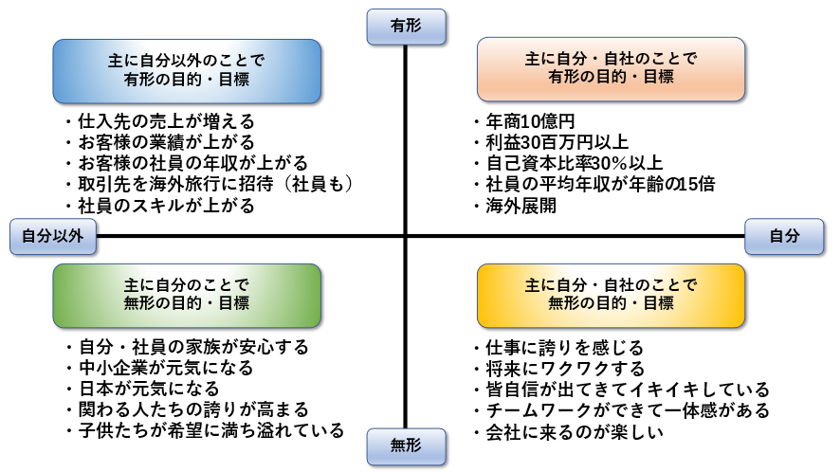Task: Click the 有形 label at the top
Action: [x=406, y=27]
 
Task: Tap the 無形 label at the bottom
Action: [x=406, y=445]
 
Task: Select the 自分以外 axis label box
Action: [x=53, y=236]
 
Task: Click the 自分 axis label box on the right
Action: [x=784, y=236]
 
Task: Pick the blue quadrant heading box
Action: [x=187, y=71]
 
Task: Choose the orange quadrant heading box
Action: [x=611, y=69]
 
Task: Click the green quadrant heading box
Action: [x=187, y=295]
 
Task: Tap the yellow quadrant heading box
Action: [x=611, y=295]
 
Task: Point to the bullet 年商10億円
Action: [x=525, y=121]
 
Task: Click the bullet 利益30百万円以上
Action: [x=551, y=142]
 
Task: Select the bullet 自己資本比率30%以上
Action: [x=569, y=163]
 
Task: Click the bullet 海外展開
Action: [x=516, y=206]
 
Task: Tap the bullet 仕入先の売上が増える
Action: [x=160, y=121]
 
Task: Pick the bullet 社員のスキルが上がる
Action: [x=160, y=206]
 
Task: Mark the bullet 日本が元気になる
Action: [x=143, y=389]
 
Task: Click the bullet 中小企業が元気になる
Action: [x=160, y=368]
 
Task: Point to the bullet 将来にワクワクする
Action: [x=559, y=369]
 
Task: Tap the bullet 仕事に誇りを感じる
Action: [x=558, y=348]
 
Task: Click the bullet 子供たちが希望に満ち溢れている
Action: [x=205, y=430]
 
